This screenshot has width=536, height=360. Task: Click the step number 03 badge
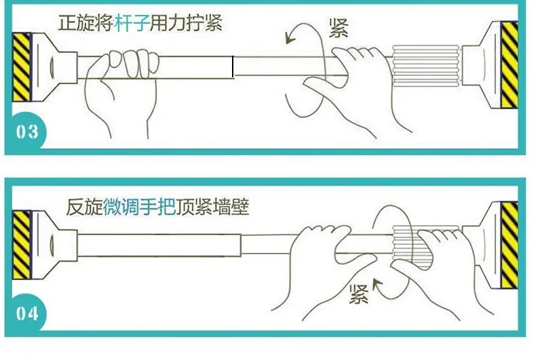pos(27,132)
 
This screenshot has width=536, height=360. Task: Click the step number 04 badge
pos(27,313)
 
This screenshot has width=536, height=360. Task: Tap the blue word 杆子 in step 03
pos(132,23)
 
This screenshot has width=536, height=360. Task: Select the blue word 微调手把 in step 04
pos(140,206)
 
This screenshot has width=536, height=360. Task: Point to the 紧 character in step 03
pos(339,28)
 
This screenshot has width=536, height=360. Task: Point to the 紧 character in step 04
pos(359,294)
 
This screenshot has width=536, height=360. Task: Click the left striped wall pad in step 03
pos(22,67)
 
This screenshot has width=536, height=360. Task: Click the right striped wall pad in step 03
pos(510,65)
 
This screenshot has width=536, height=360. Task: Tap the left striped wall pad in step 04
pos(22,245)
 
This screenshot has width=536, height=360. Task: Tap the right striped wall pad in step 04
pos(510,245)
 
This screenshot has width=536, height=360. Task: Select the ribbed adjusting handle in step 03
pos(426,65)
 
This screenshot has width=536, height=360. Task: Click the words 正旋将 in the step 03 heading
pos(85,23)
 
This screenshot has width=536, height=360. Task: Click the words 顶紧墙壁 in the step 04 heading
pos(212,206)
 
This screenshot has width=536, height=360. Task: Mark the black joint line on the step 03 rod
pos(233,67)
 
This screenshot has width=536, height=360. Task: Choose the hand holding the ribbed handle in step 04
pos(441,270)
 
